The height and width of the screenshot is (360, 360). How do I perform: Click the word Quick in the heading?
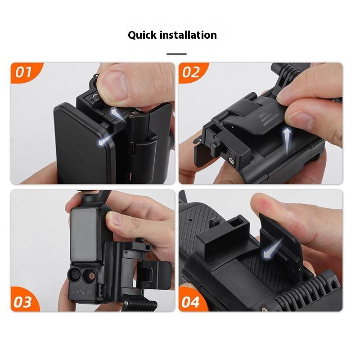[x=142, y=36]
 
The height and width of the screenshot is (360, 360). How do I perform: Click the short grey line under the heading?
[x=176, y=54]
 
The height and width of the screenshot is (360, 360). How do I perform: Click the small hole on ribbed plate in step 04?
[x=190, y=220]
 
